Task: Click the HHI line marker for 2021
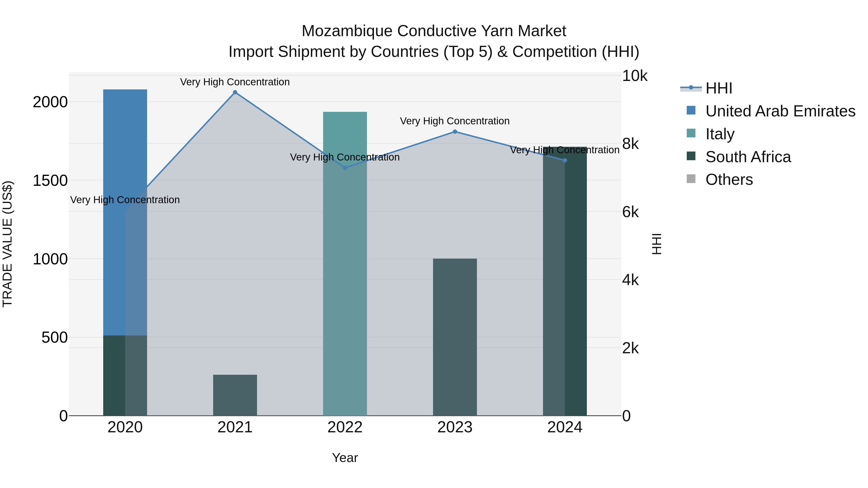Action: click(235, 92)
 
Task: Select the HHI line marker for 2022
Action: click(345, 168)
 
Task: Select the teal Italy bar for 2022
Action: click(345, 269)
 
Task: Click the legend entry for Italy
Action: click(720, 134)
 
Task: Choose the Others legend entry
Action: click(729, 180)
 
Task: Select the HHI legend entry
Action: click(719, 88)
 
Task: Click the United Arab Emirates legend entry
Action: click(780, 111)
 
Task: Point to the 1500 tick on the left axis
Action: click(50, 180)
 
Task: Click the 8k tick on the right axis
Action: click(630, 144)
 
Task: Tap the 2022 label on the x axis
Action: click(345, 427)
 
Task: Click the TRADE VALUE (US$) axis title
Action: click(7, 244)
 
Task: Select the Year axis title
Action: click(345, 458)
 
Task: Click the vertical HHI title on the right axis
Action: click(656, 244)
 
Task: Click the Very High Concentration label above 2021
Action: click(235, 82)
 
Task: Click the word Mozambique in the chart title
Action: click(347, 31)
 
